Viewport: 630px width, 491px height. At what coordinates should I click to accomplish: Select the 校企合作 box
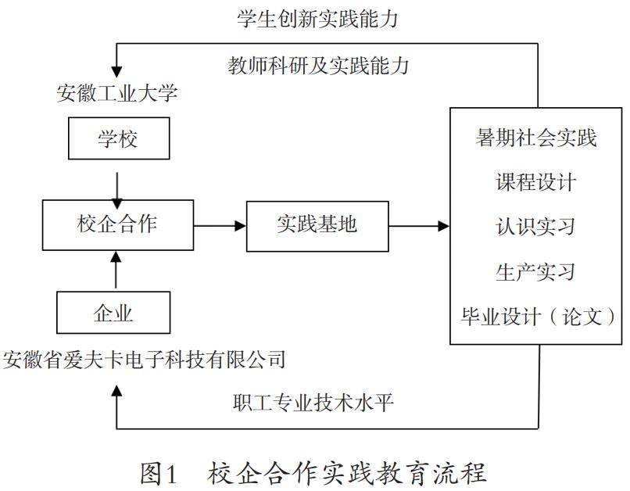click(x=116, y=225)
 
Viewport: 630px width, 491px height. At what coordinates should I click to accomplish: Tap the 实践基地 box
click(x=317, y=225)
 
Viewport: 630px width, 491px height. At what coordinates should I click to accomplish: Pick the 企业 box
click(x=113, y=314)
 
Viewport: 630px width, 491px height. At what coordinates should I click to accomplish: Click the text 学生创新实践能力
click(x=317, y=19)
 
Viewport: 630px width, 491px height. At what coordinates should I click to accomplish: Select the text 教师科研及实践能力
click(x=318, y=65)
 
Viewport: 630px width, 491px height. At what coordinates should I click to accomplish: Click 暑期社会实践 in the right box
click(x=536, y=138)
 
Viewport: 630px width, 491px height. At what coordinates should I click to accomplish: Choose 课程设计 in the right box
click(x=536, y=182)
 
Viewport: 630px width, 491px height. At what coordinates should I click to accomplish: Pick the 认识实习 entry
click(x=536, y=227)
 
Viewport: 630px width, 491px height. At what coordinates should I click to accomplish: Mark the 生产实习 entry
click(x=536, y=271)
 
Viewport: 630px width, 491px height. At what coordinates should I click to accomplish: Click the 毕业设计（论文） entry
click(x=536, y=317)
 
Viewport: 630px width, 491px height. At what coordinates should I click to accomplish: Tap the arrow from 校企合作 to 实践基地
click(x=220, y=226)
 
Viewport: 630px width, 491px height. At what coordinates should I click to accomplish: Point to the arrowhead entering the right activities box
click(x=445, y=226)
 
